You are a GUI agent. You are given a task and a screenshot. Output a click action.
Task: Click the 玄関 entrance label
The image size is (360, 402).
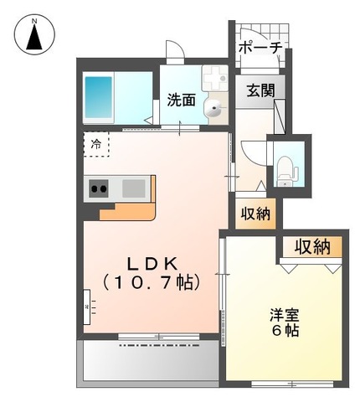[x=260, y=90]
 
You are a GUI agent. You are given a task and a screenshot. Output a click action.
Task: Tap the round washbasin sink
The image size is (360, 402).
[x=216, y=106]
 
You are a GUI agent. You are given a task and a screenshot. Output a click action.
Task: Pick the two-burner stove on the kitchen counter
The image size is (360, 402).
[x=99, y=188]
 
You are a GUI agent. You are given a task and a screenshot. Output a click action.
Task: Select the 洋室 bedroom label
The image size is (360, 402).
[x=285, y=315]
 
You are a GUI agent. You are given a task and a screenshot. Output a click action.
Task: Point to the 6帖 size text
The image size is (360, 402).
[x=285, y=331]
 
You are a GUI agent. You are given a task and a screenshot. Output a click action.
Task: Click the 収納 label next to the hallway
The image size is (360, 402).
[x=256, y=214]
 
